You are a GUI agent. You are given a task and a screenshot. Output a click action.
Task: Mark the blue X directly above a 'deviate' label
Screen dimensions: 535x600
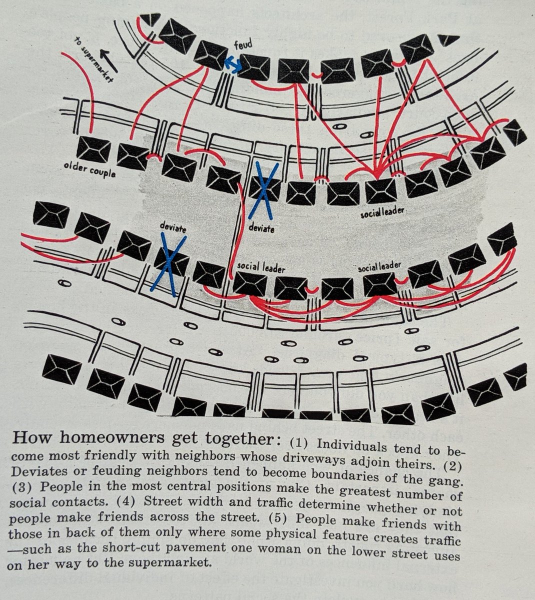tap(261, 190)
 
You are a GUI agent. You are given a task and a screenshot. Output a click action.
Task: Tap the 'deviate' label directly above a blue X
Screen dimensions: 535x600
tap(172, 228)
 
